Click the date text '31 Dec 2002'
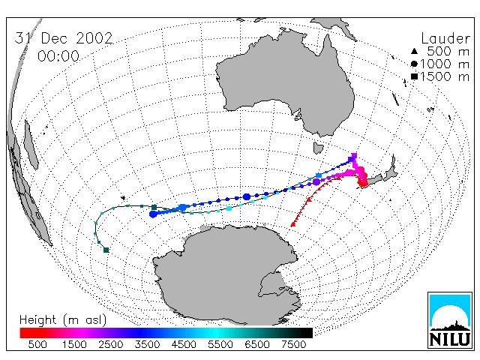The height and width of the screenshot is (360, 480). pyautogui.click(x=64, y=38)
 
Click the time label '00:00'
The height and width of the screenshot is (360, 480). pyautogui.click(x=58, y=56)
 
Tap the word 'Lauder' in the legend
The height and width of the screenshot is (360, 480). pyautogui.click(x=445, y=39)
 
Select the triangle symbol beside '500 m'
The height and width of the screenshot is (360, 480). pyautogui.click(x=414, y=51)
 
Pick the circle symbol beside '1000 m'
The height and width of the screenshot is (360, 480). pyautogui.click(x=414, y=64)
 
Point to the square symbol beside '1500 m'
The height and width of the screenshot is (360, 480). pyautogui.click(x=414, y=76)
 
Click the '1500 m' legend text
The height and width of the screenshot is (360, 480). pyautogui.click(x=445, y=76)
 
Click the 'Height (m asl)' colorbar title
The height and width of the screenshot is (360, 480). pyautogui.click(x=63, y=320)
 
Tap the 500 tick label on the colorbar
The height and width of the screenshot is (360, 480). pyautogui.click(x=37, y=344)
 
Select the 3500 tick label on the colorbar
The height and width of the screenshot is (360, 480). pyautogui.click(x=147, y=344)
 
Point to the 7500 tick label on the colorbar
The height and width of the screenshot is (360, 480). pyautogui.click(x=293, y=344)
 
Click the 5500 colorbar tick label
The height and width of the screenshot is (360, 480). pyautogui.click(x=220, y=344)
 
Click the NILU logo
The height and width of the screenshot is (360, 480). pyautogui.click(x=450, y=320)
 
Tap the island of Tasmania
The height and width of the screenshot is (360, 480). pyautogui.click(x=318, y=148)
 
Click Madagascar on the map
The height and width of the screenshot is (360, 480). pyautogui.click(x=31, y=145)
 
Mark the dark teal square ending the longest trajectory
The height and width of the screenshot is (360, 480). pyautogui.click(x=106, y=250)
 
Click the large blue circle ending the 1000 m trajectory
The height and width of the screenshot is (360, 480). pyautogui.click(x=153, y=214)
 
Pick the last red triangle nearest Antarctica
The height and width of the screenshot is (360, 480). pyautogui.click(x=293, y=224)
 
